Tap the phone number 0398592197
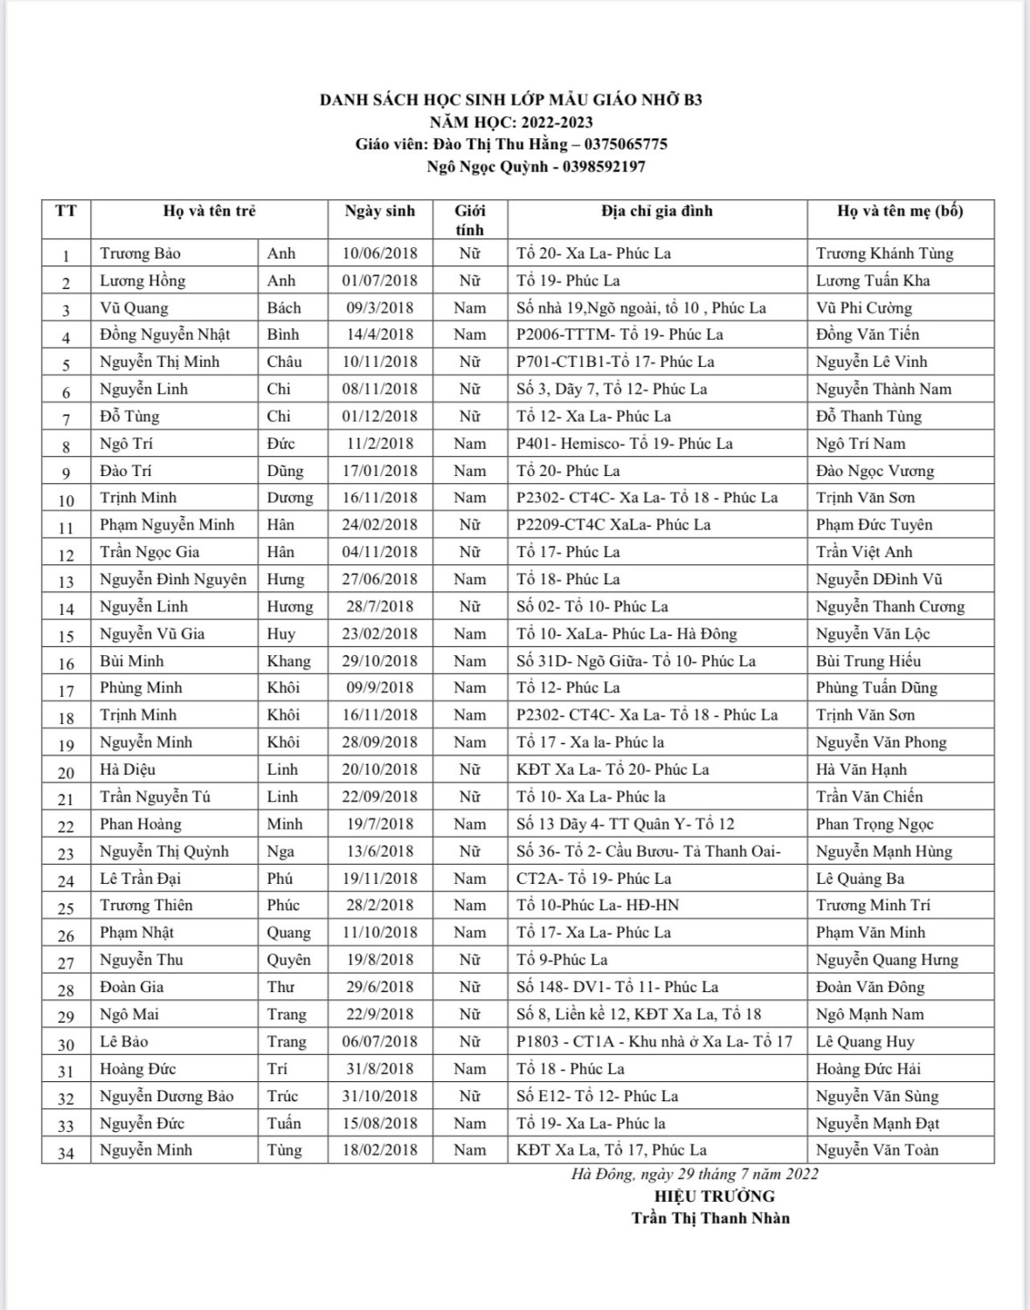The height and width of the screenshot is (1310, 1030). coord(604,166)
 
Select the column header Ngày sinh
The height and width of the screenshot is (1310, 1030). coord(380,211)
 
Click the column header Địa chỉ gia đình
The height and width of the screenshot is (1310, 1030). coord(657,211)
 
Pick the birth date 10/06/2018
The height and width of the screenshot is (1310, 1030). coord(380,253)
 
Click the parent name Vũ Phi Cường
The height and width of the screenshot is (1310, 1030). coord(863,307)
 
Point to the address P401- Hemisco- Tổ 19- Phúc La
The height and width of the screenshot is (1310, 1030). coord(624,444)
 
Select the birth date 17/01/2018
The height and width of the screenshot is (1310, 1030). coord(380,471)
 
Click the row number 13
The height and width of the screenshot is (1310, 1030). coord(66,581)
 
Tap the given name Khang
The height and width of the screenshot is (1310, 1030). coord(288,661)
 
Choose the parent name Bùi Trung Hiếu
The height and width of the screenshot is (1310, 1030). coord(868,661)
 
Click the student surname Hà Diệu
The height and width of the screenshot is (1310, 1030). coord(128,769)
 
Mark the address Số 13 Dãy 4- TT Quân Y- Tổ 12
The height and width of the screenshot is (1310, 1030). coord(625,824)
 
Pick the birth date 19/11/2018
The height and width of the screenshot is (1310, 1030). coord(380,879)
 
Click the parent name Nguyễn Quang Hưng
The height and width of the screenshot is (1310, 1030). coord(887,960)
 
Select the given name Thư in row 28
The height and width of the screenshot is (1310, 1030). coord(280,987)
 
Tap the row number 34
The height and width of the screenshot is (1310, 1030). coord(66,1153)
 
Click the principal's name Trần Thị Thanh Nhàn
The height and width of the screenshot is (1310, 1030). coord(710,1218)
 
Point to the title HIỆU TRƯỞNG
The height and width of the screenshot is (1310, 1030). coord(714,1196)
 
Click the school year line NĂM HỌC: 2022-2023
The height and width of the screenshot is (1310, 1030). coord(511,122)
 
